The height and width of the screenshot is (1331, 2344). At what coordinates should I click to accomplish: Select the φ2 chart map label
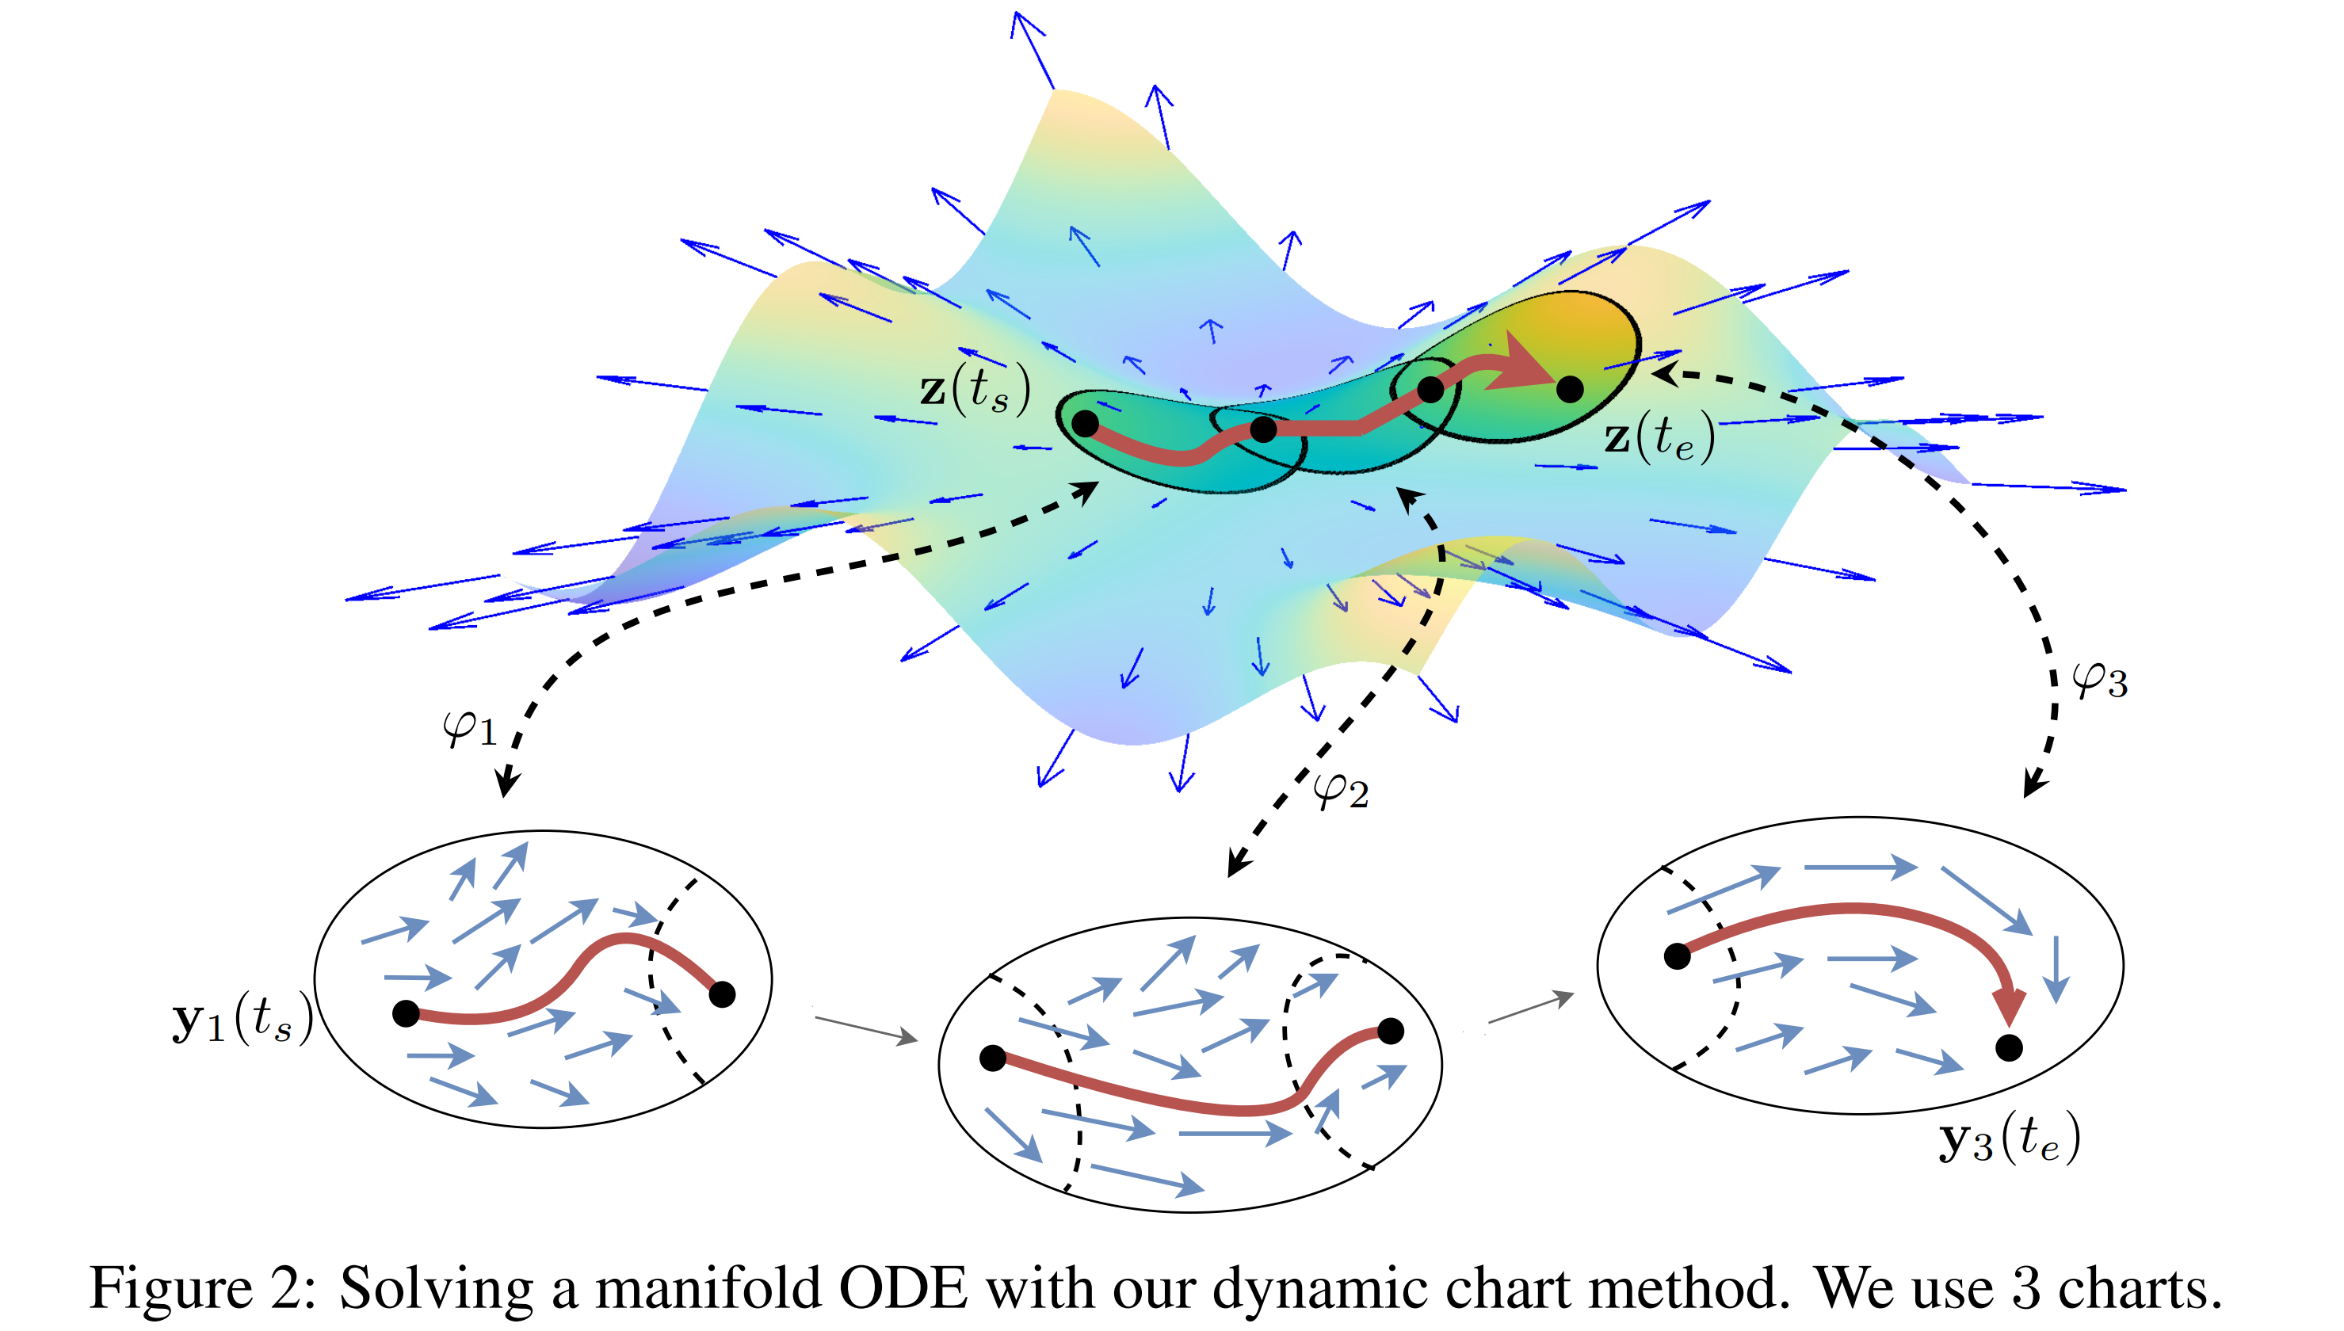coord(1340,790)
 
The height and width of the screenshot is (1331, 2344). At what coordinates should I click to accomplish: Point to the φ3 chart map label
coord(2099,680)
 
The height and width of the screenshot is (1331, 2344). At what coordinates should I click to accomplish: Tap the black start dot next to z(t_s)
coord(1085,423)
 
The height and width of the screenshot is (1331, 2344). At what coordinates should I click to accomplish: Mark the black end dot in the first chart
coord(722,993)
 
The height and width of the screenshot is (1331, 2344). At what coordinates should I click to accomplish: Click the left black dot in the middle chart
coord(993,1058)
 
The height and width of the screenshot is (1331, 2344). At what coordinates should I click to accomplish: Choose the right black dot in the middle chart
coord(1391,1032)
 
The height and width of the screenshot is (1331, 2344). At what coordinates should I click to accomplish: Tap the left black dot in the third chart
coord(1677,956)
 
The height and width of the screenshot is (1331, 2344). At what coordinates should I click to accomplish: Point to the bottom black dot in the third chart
coord(2009,1047)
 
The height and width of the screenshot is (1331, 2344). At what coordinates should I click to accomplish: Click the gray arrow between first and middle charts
coord(867,1029)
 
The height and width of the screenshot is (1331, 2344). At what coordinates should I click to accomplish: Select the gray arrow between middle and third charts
coord(1531,1008)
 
